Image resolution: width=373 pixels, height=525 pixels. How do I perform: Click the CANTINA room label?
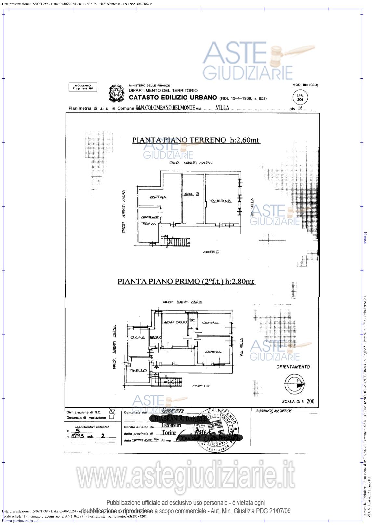[158, 197]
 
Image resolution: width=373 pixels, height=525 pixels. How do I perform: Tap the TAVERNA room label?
[220, 201]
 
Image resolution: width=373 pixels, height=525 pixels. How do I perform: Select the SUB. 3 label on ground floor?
[192, 194]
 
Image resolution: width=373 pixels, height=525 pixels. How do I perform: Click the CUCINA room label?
[137, 338]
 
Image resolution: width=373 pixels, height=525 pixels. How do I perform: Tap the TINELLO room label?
[137, 371]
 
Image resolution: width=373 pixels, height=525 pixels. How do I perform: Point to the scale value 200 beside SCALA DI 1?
[310, 401]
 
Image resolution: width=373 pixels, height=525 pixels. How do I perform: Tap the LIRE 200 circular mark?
[300, 98]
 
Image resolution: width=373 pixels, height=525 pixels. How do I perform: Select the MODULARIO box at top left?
[83, 87]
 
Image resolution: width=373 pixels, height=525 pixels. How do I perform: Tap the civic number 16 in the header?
[300, 108]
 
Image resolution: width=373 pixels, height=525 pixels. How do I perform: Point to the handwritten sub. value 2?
[103, 436]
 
